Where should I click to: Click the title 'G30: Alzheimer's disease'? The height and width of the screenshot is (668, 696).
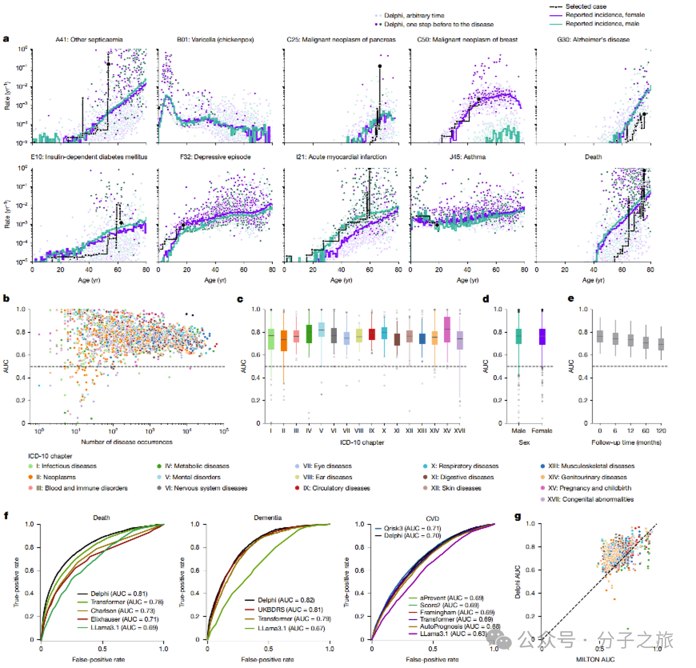[593, 40]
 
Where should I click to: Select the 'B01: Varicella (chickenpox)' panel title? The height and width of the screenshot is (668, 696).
[215, 40]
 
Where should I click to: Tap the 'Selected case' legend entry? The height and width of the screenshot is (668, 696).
[586, 6]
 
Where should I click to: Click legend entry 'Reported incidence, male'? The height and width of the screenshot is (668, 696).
[602, 24]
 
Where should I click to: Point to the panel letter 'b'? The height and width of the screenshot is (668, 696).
[6, 298]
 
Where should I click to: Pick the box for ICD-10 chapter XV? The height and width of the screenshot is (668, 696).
[447, 329]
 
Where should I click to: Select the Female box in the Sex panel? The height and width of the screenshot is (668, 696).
[542, 337]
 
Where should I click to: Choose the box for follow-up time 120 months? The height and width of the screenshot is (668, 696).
[661, 344]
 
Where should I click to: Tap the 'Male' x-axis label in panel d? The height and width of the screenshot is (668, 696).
[519, 431]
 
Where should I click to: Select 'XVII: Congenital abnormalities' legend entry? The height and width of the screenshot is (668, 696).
[590, 499]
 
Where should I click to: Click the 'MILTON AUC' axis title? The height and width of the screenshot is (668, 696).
[595, 659]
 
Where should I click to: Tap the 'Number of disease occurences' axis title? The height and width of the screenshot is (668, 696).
[127, 442]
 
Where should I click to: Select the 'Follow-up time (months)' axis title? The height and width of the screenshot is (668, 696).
[626, 442]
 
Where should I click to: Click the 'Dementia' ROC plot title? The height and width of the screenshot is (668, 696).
[268, 518]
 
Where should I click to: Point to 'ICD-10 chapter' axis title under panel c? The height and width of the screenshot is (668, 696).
[362, 442]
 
